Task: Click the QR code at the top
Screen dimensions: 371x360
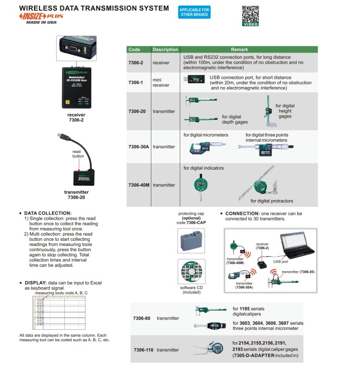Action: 250,14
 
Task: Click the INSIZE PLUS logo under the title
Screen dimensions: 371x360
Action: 43,17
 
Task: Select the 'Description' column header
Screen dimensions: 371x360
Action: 165,49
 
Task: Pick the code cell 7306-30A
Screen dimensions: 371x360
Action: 139,147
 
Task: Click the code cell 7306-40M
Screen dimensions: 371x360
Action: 139,185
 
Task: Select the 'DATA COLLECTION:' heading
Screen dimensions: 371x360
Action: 48,213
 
